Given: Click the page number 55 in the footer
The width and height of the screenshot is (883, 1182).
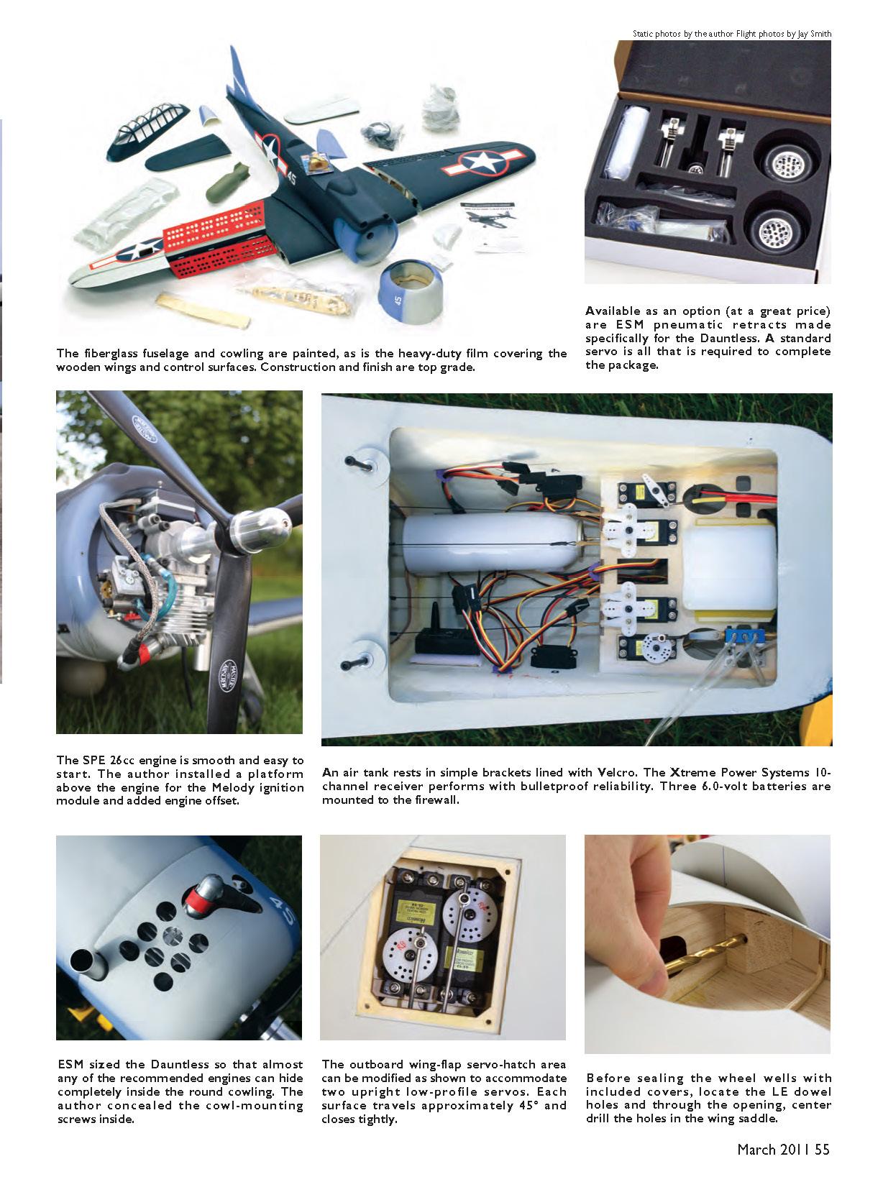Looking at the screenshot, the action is pos(822,1150).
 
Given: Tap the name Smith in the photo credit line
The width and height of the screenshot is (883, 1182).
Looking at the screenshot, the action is pos(820,33).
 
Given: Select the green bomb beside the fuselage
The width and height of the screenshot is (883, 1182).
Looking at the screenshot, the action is pos(227,183).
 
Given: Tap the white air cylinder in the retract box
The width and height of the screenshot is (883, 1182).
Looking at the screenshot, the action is pos(626,142).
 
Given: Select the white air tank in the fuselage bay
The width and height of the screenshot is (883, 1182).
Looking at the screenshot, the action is pos(492,543).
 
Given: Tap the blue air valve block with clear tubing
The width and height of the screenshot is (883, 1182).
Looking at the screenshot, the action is pos(745,636).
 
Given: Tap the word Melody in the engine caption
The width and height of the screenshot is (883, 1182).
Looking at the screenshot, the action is pos(232,787).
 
